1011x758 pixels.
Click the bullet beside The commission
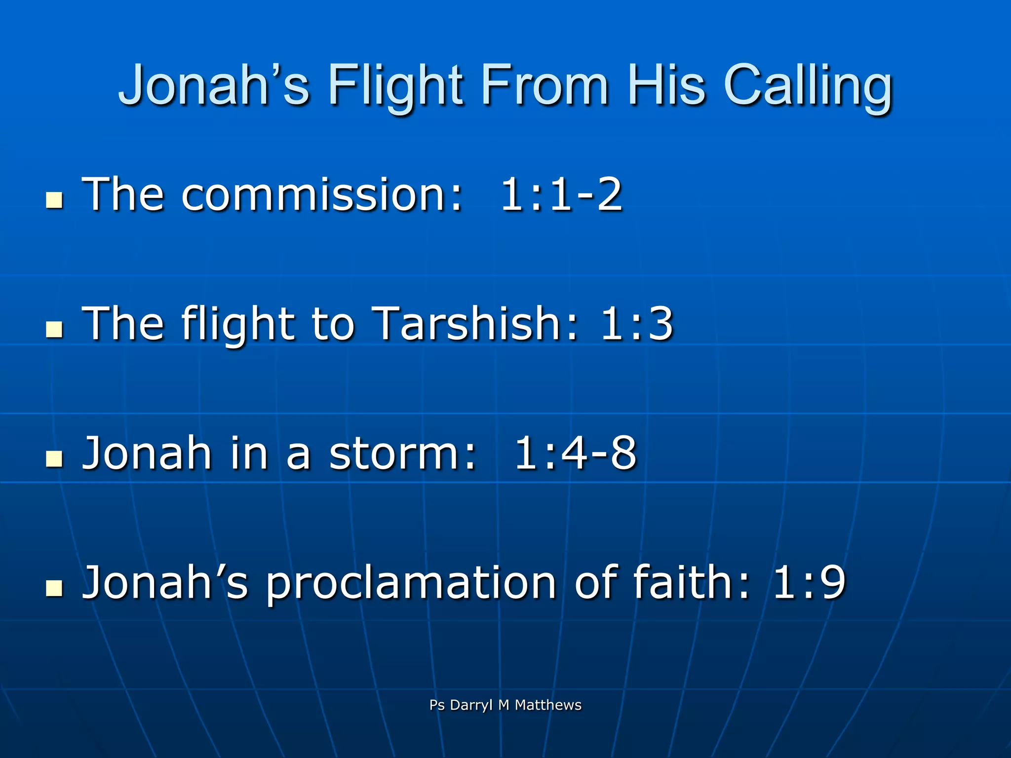[54, 200]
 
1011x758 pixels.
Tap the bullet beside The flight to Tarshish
[54, 329]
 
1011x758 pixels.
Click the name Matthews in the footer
[548, 705]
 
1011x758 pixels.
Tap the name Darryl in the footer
[471, 705]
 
